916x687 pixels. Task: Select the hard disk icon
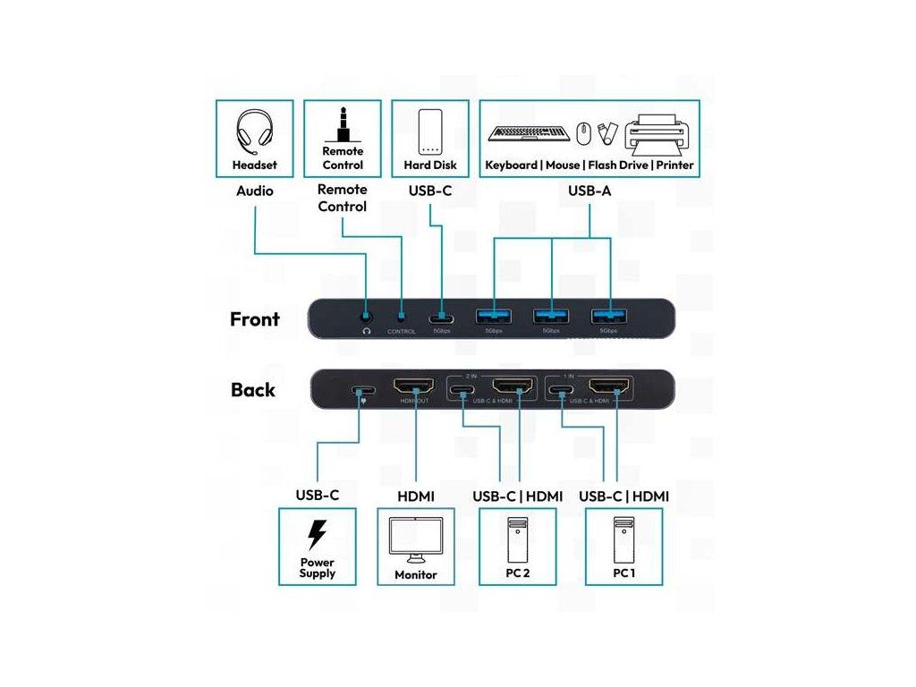431,132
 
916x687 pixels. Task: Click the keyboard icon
529,133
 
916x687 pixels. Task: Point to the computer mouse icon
583,133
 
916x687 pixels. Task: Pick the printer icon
659,132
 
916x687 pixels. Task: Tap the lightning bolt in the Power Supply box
317,534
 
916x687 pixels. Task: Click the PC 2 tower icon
517,537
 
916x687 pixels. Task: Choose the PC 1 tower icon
623,537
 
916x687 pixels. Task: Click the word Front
255,319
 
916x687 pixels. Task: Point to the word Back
253,390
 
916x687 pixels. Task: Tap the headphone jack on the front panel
366,316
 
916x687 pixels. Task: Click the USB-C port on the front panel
438,318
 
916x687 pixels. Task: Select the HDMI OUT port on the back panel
413,388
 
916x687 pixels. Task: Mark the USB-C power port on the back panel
363,391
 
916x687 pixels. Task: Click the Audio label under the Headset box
254,191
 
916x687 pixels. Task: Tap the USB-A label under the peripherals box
589,191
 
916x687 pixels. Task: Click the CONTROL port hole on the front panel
401,316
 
